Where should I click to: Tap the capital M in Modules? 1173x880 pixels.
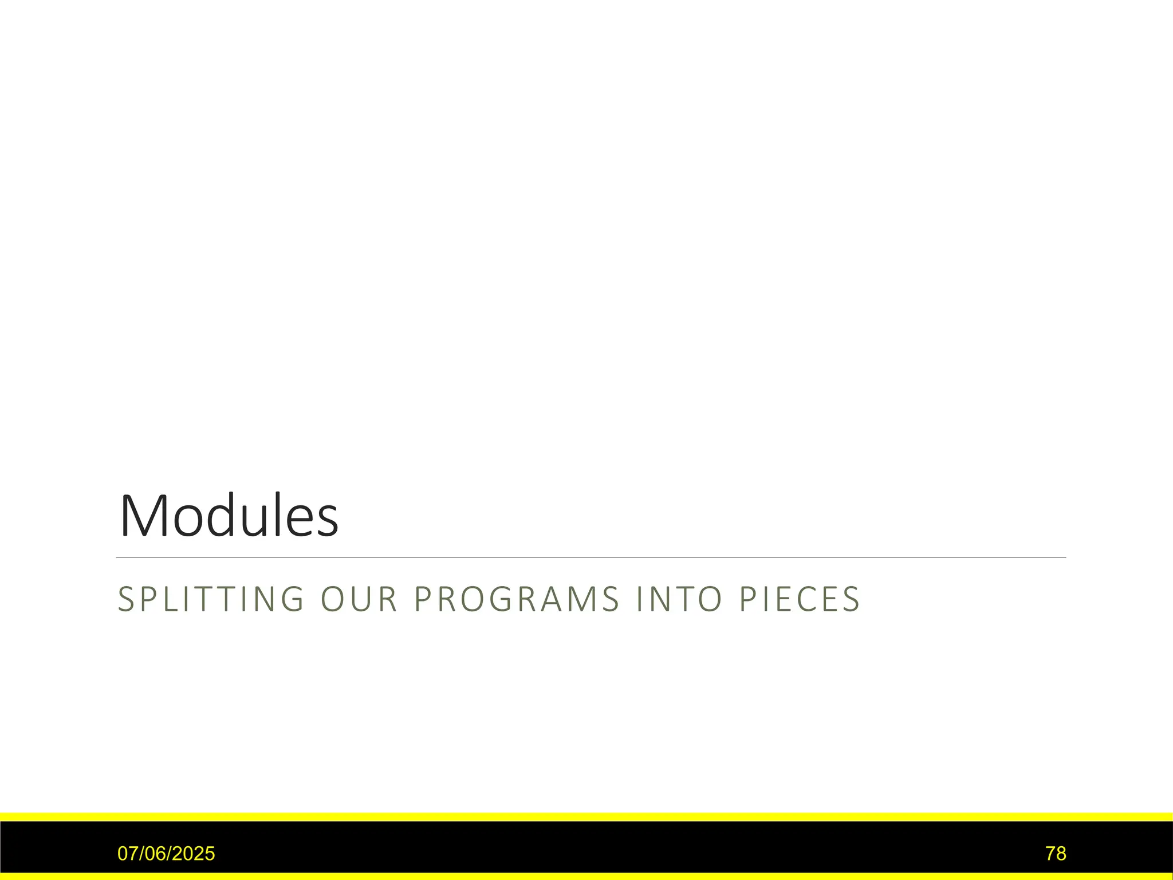(x=141, y=517)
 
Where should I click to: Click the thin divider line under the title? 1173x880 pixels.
(x=591, y=557)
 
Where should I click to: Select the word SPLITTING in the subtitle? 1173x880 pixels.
(x=211, y=599)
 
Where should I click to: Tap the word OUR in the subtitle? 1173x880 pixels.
(x=359, y=599)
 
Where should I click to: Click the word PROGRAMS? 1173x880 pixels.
(x=517, y=599)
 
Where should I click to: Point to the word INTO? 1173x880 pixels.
(x=680, y=599)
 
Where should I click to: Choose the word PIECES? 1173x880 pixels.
(x=800, y=599)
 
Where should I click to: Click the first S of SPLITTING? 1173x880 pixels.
(x=126, y=599)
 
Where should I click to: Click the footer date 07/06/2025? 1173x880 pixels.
(x=166, y=854)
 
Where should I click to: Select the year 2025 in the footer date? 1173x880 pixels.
(x=195, y=854)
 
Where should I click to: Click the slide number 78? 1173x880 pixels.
(x=1056, y=854)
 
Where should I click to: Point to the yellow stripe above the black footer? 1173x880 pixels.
(x=586, y=816)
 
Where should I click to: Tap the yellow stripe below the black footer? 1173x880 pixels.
(x=586, y=877)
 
